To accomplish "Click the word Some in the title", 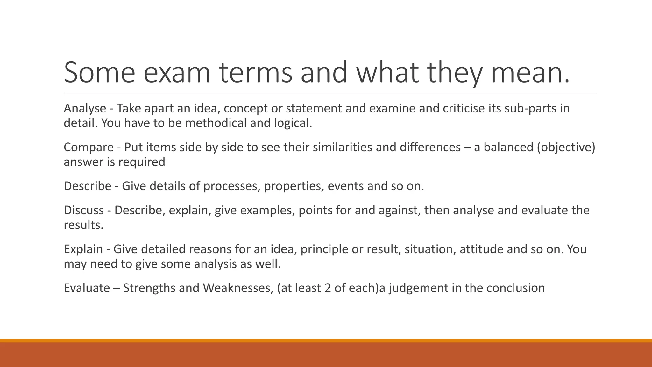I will click(99, 73).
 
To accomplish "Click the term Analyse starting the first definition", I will click(85, 109).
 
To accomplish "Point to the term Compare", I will click(89, 148).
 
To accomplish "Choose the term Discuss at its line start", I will click(83, 210).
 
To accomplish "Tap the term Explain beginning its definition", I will click(83, 249).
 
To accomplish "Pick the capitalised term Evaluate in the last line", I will click(87, 288).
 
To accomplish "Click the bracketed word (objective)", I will click(566, 148).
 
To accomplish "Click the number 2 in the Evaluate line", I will click(328, 288).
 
